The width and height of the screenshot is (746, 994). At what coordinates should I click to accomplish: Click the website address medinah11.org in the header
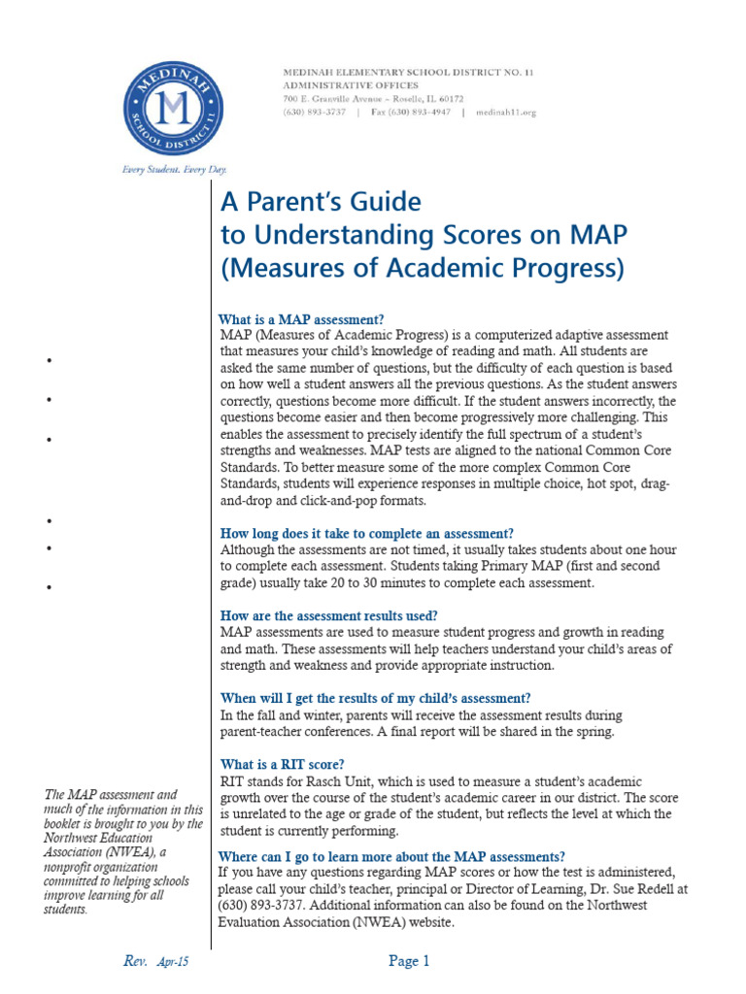click(x=504, y=113)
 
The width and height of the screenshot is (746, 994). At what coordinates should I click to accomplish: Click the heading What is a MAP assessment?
click(x=301, y=319)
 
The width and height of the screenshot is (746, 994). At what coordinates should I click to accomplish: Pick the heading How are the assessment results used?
click(x=328, y=615)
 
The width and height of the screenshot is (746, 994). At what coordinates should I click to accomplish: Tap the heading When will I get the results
click(x=375, y=698)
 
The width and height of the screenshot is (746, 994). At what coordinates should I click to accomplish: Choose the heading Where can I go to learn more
click(x=391, y=856)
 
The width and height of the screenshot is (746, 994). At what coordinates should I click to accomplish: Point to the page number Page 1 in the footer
click(x=409, y=962)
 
